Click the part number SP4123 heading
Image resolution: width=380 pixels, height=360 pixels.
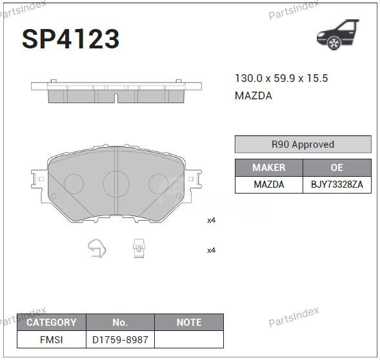click(71, 39)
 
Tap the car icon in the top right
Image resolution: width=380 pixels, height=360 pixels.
click(337, 35)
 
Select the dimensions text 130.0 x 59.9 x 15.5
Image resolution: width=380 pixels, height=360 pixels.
click(281, 78)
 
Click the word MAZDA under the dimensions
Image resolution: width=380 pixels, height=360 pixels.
click(253, 95)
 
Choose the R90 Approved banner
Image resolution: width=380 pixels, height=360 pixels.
click(303, 145)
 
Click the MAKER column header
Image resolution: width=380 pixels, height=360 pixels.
click(268, 167)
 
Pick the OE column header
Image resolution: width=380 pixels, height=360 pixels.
click(337, 167)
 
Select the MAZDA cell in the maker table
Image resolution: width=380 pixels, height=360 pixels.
click(268, 185)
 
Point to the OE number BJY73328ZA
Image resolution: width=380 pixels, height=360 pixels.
click(337, 185)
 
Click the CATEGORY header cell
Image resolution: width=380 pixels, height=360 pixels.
click(51, 322)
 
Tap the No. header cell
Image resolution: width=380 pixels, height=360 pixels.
click(120, 322)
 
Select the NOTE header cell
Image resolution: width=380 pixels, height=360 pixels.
click(189, 322)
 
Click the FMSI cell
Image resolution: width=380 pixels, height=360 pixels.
click(51, 339)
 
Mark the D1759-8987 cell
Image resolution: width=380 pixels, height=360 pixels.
click(120, 339)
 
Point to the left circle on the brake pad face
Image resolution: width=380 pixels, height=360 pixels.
click(74, 184)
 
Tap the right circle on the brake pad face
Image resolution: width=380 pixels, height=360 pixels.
click(159, 184)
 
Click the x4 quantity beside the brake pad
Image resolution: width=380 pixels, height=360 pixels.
click(211, 220)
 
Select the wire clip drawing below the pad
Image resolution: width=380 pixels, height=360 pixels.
click(97, 248)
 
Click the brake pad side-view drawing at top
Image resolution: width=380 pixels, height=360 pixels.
click(116, 90)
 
